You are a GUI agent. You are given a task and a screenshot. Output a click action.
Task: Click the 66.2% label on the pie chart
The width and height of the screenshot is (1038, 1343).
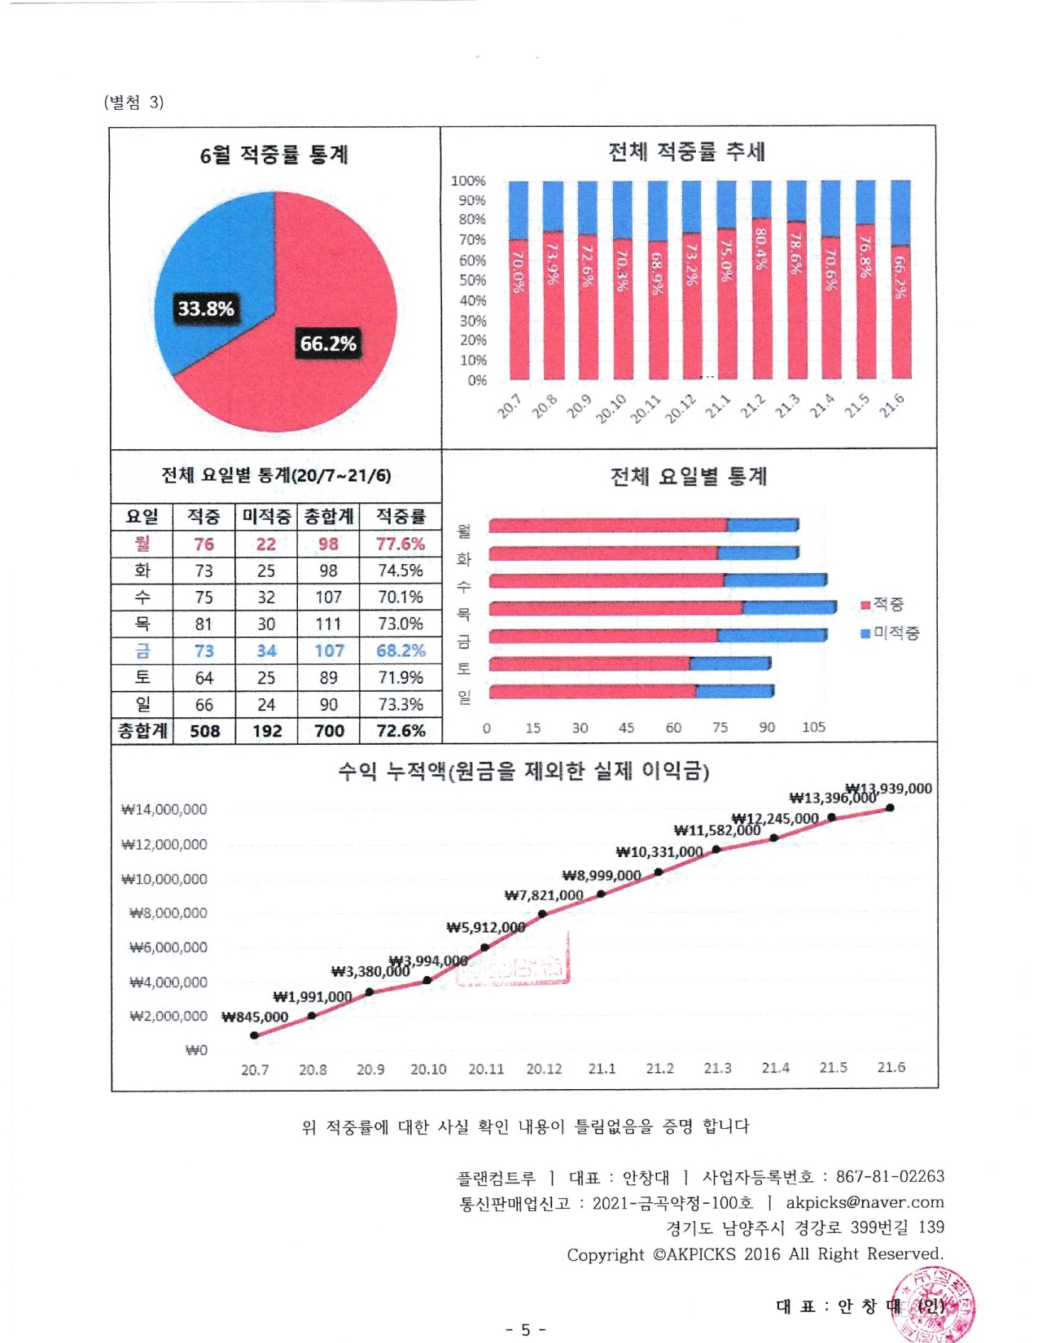tap(328, 343)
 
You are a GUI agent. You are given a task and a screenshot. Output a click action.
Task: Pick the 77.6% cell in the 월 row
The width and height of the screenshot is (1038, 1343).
tap(400, 544)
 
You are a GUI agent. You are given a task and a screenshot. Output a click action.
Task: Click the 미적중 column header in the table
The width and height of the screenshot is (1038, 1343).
tap(266, 516)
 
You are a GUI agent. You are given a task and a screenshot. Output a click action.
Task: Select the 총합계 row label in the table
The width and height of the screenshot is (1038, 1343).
tap(142, 731)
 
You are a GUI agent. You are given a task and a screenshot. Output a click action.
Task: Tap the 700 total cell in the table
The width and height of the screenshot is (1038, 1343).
tap(329, 731)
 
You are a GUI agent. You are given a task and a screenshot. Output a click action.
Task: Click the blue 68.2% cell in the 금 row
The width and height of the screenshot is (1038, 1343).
tap(401, 651)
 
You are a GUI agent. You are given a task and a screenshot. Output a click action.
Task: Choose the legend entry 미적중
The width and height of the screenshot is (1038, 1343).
tap(891, 633)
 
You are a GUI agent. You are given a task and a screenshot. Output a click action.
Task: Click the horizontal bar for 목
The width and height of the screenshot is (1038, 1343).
tap(662, 608)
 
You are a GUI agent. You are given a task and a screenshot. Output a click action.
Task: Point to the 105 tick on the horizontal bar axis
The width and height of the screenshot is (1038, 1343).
tap(813, 727)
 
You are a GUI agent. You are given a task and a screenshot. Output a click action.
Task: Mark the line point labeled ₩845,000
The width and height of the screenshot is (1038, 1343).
tap(255, 1035)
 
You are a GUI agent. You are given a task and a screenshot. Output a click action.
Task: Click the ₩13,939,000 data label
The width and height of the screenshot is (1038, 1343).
tap(889, 788)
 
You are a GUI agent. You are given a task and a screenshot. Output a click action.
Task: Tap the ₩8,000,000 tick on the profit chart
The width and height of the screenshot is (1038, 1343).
tap(169, 913)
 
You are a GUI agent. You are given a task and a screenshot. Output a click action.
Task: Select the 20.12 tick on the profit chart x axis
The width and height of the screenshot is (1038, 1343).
tap(544, 1069)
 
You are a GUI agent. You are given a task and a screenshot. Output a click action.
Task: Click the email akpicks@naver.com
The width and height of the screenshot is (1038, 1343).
tap(865, 1202)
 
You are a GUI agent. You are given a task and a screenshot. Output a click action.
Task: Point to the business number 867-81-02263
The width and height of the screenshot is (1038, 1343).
tap(890, 1177)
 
